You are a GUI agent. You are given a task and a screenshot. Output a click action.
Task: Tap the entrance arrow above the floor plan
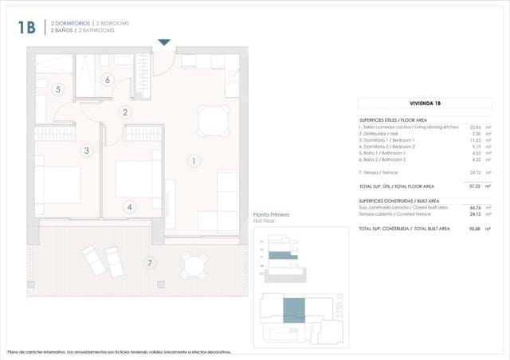coord(164,42)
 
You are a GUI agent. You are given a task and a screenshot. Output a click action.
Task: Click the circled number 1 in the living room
coord(193,161)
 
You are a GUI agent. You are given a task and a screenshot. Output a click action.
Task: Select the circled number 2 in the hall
coord(125,112)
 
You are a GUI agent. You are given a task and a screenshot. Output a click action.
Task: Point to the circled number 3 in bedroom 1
coord(86,150)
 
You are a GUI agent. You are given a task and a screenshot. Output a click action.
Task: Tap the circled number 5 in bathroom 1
coord(57,89)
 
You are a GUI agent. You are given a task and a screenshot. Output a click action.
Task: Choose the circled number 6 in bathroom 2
coord(107,79)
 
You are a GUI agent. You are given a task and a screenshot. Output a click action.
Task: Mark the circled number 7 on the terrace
coord(149,263)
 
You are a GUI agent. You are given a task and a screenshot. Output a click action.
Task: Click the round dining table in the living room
coord(212,121)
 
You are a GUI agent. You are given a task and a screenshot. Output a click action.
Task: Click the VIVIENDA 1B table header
coord(422,104)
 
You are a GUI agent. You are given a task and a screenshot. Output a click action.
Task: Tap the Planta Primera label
coord(271,215)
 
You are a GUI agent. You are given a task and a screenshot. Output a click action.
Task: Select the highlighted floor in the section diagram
coord(280,256)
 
